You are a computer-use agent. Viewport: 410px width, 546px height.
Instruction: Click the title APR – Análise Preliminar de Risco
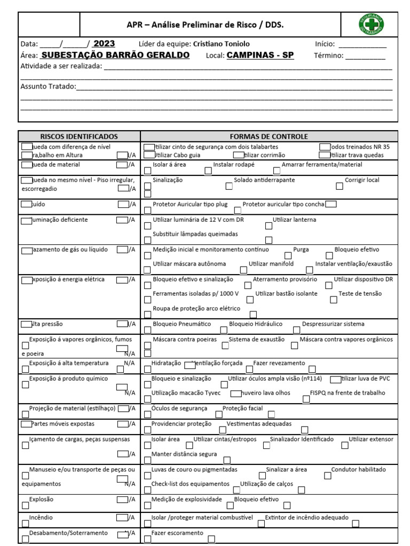205,25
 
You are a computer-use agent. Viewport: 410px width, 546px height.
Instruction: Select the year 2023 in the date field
104,44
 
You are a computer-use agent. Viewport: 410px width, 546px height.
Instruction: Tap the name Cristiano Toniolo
220,44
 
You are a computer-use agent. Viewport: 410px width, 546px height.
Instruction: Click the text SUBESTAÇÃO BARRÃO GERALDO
115,55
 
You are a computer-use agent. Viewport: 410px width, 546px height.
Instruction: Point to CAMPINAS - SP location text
260,55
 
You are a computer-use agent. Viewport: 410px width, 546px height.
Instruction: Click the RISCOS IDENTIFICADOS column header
79,136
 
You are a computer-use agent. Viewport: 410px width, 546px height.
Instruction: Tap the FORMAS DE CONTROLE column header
269,136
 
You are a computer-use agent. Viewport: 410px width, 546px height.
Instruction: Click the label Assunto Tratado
48,86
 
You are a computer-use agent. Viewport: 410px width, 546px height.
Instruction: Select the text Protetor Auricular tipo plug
190,204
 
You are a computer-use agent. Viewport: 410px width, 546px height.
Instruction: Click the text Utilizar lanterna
294,220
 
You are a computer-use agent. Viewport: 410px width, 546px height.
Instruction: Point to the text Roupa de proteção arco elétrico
196,308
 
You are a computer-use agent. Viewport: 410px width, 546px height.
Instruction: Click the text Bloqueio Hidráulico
256,324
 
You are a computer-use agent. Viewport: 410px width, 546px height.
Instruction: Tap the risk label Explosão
41,500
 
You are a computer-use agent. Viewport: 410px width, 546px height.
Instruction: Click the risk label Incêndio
41,517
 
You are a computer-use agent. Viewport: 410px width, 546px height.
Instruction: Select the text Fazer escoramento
177,533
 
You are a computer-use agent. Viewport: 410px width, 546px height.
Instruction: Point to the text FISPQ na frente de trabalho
347,392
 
